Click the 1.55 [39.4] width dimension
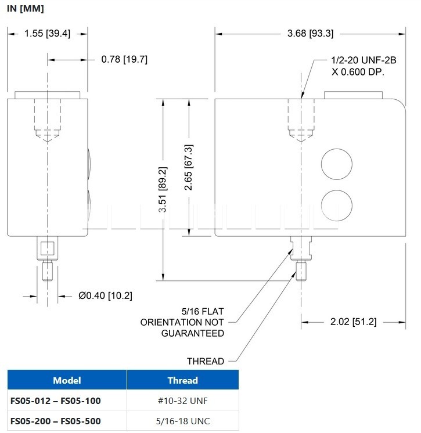pyautogui.click(x=47, y=34)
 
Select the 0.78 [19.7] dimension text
pyautogui.click(x=124, y=59)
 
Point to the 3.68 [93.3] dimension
pyautogui.click(x=310, y=34)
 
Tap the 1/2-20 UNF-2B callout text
pyautogui.click(x=364, y=60)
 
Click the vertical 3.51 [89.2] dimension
pyautogui.click(x=163, y=189)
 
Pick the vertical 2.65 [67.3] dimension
pyautogui.click(x=189, y=167)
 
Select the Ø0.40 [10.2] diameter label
pyautogui.click(x=105, y=295)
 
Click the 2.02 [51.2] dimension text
pyautogui.click(x=353, y=322)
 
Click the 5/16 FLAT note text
pyautogui.click(x=203, y=312)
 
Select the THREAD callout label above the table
pyautogui.click(x=206, y=361)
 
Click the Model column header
pyautogui.click(x=67, y=380)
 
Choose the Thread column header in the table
pyautogui.click(x=182, y=380)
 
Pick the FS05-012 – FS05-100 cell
pyautogui.click(x=56, y=400)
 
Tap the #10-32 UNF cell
pyautogui.click(x=182, y=400)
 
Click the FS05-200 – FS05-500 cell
pyautogui.click(x=56, y=421)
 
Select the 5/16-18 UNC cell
pyautogui.click(x=182, y=421)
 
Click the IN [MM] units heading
pyautogui.click(x=26, y=9)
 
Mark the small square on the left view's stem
pyautogui.click(x=47, y=248)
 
